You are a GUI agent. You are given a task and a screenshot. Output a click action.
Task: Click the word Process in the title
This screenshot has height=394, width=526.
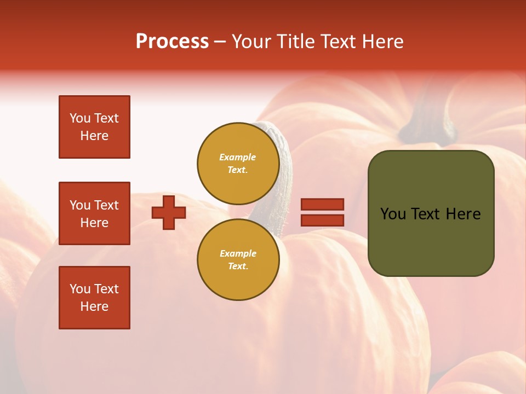coord(172,42)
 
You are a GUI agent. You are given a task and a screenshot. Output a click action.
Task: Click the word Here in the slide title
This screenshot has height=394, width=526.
coord(381,42)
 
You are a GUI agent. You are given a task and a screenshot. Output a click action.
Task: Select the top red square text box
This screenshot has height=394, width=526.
coord(94,127)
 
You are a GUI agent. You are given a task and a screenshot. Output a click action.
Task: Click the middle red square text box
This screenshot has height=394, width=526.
coord(94,213)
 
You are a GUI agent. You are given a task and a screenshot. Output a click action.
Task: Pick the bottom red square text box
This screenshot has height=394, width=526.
coord(94,298)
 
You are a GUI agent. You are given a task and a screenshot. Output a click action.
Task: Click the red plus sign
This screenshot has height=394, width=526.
coord(169,212)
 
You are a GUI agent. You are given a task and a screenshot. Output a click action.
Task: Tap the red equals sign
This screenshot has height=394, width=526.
coord(322,212)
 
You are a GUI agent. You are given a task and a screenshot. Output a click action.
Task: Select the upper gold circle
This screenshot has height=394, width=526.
coord(238,163)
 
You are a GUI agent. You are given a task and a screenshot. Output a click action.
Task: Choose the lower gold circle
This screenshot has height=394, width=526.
coord(238,259)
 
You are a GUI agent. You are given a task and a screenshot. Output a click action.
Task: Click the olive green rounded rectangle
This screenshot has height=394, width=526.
coord(431,213)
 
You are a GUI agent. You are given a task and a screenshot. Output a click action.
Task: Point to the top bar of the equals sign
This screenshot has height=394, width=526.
coord(322,204)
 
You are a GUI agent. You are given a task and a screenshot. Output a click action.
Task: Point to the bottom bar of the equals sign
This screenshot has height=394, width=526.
coord(322,220)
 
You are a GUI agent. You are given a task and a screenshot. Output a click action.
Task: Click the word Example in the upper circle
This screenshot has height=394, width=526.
coord(238,157)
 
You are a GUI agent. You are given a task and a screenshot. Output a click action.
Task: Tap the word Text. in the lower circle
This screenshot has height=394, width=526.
coord(238,266)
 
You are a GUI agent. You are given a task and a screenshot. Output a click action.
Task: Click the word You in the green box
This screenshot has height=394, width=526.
coord(392,214)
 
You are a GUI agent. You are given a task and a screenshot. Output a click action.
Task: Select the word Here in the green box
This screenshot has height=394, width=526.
coord(463,214)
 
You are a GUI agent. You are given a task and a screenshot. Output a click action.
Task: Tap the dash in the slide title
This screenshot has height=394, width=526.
coord(220,42)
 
